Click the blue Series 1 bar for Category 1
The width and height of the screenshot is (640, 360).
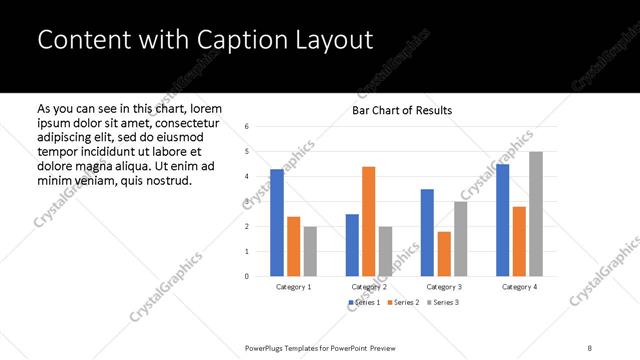click(277, 222)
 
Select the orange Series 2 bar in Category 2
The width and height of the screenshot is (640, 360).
click(368, 221)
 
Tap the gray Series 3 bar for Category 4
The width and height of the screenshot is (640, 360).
click(536, 214)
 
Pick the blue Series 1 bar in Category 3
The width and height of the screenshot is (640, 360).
click(427, 232)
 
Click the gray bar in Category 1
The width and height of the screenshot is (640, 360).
click(310, 251)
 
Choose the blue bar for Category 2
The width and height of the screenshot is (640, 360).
click(352, 245)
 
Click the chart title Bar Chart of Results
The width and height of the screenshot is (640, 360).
click(402, 110)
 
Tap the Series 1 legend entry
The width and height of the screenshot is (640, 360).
click(364, 302)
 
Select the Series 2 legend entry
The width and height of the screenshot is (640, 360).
click(402, 302)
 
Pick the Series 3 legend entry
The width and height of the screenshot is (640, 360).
click(442, 302)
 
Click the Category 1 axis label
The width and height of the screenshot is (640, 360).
click(293, 287)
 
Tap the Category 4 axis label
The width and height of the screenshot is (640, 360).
click(519, 287)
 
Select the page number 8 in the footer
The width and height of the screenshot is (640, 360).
click(590, 346)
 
